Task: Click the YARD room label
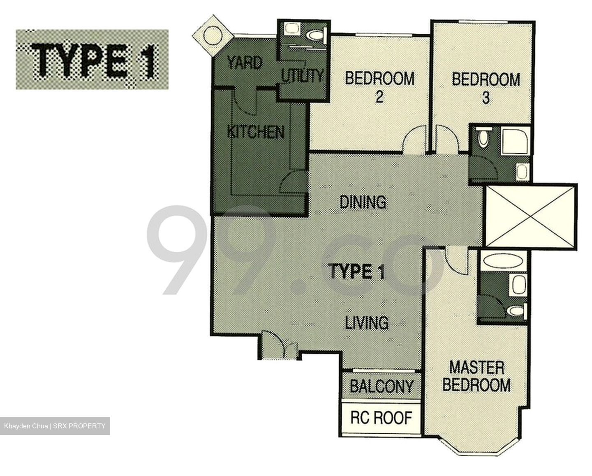245,63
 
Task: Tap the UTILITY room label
302,76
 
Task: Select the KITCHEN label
256,132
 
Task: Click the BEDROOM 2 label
379,86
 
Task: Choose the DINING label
363,202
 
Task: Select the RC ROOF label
381,418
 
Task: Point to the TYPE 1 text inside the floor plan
356,272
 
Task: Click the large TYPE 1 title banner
92,60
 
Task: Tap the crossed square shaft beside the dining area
531,216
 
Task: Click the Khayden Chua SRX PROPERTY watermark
55,426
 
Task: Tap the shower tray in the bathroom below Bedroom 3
515,142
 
